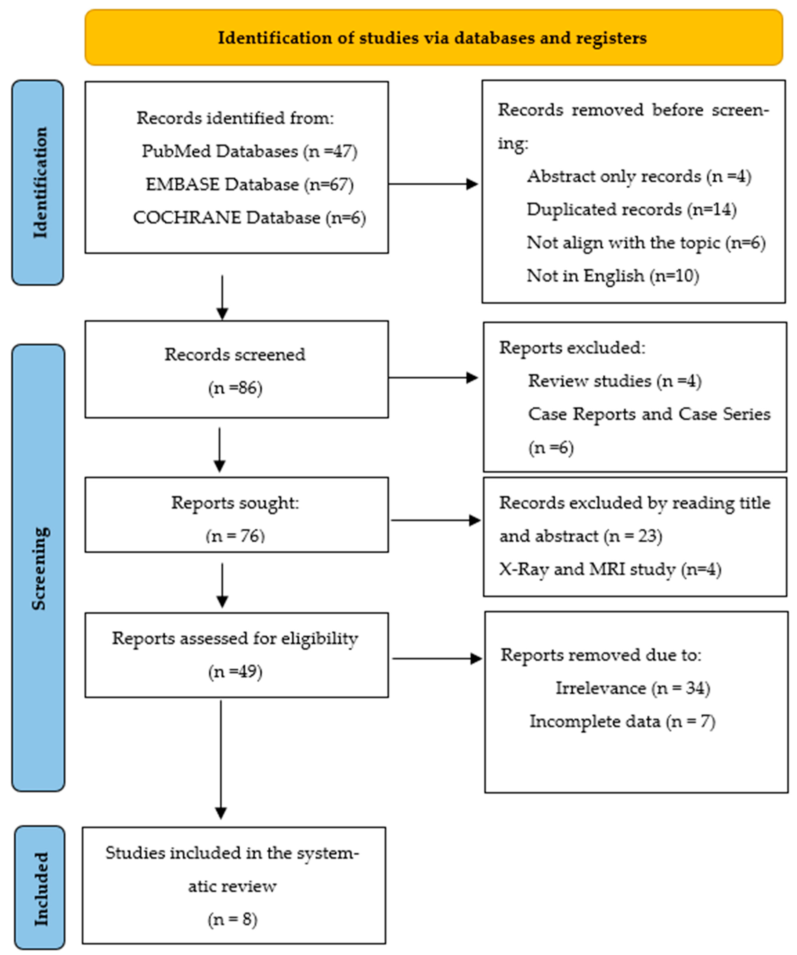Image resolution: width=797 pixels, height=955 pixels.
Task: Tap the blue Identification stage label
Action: pos(38,183)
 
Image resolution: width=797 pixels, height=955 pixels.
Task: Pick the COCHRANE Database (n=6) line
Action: pos(250,218)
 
